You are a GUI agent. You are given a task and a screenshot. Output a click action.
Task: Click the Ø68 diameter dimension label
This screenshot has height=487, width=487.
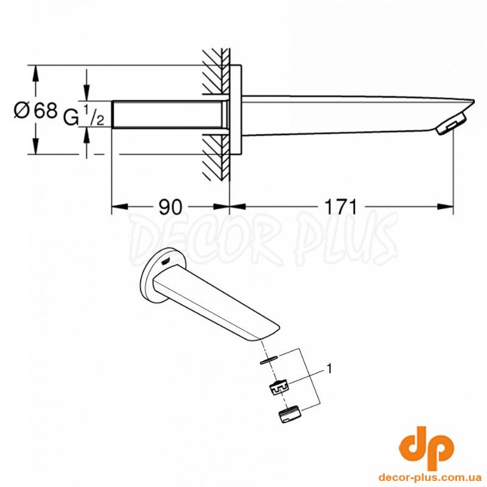(x=36, y=110)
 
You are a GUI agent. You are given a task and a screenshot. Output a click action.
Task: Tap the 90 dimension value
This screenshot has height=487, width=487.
(x=170, y=207)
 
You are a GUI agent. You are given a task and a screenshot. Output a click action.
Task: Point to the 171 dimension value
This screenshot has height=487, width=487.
(x=341, y=207)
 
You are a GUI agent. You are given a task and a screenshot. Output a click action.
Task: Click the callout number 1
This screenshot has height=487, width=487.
(x=329, y=369)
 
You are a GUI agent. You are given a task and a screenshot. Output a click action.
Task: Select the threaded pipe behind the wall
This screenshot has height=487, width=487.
(x=169, y=114)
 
